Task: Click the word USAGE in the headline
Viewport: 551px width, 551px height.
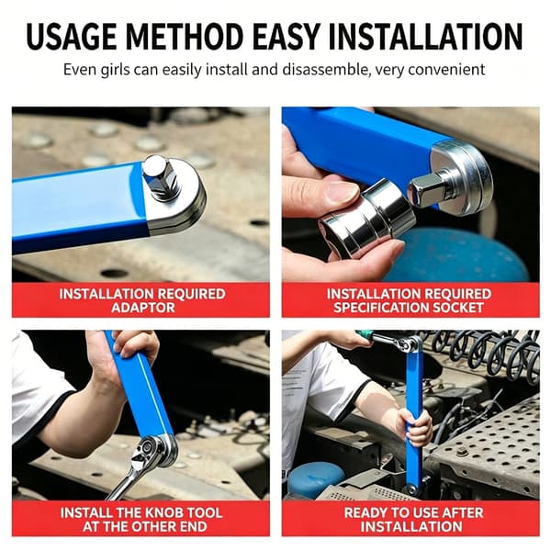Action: tap(72, 37)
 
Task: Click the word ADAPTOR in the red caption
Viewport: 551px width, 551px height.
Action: tap(142, 308)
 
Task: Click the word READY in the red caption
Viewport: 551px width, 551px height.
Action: tap(363, 512)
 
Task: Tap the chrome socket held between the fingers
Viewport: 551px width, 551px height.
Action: tap(367, 217)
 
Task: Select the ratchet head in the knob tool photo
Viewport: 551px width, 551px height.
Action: tap(152, 450)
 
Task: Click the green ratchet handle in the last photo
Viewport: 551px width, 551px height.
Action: tap(364, 334)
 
